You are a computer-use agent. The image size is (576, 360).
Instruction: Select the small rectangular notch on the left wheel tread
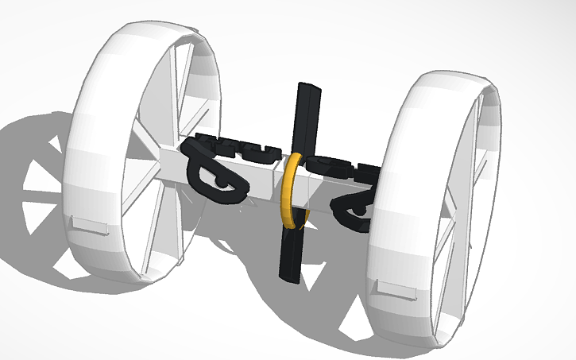click(89, 225)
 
